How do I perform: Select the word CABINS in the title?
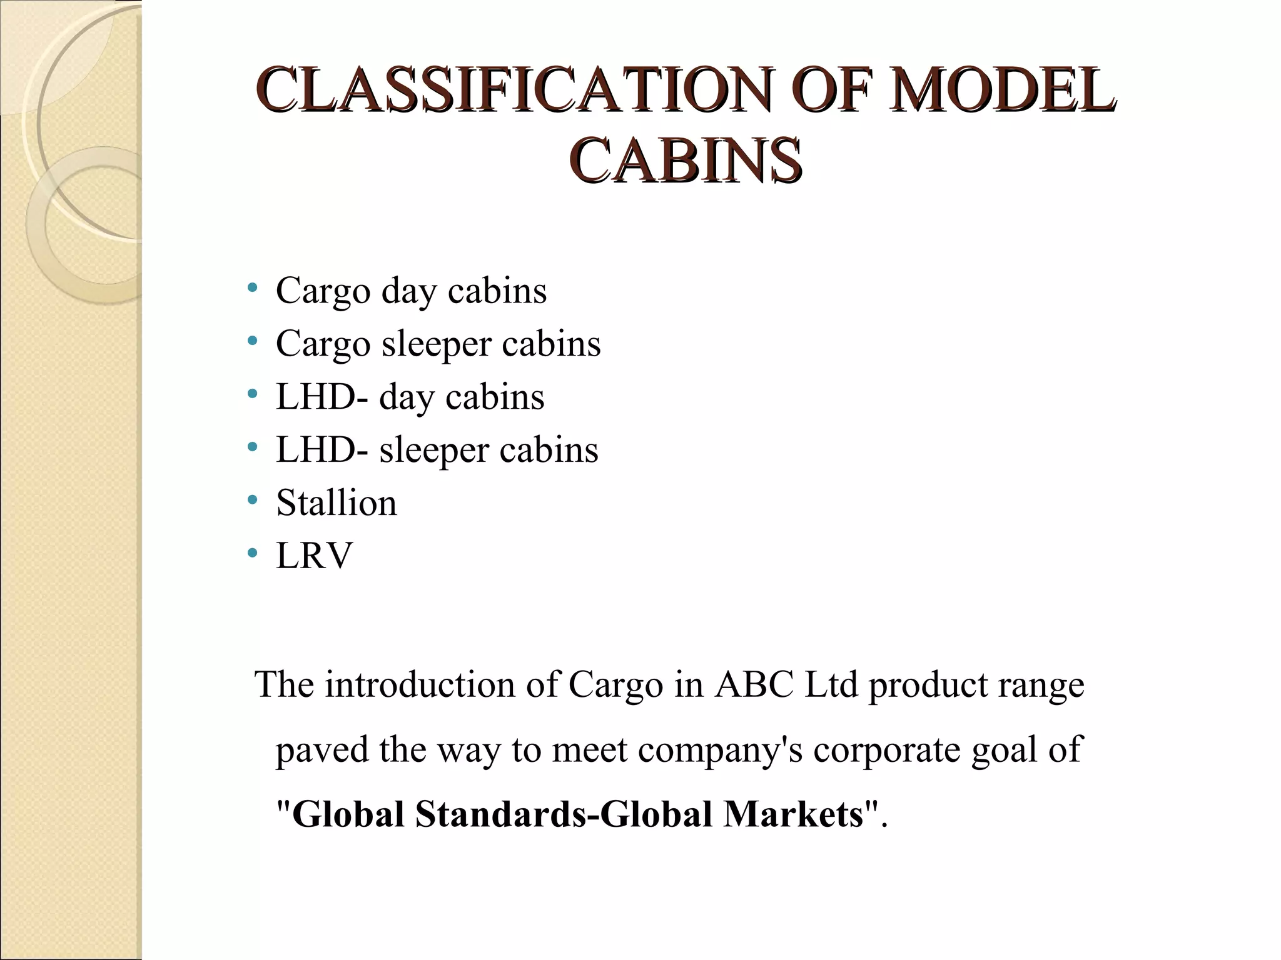coord(685,161)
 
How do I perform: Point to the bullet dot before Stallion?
coord(253,500)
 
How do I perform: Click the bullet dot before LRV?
coord(253,553)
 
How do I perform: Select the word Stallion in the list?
coord(337,502)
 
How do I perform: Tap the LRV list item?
coord(315,556)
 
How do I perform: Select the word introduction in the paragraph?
coord(419,684)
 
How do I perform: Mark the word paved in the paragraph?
coord(322,749)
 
